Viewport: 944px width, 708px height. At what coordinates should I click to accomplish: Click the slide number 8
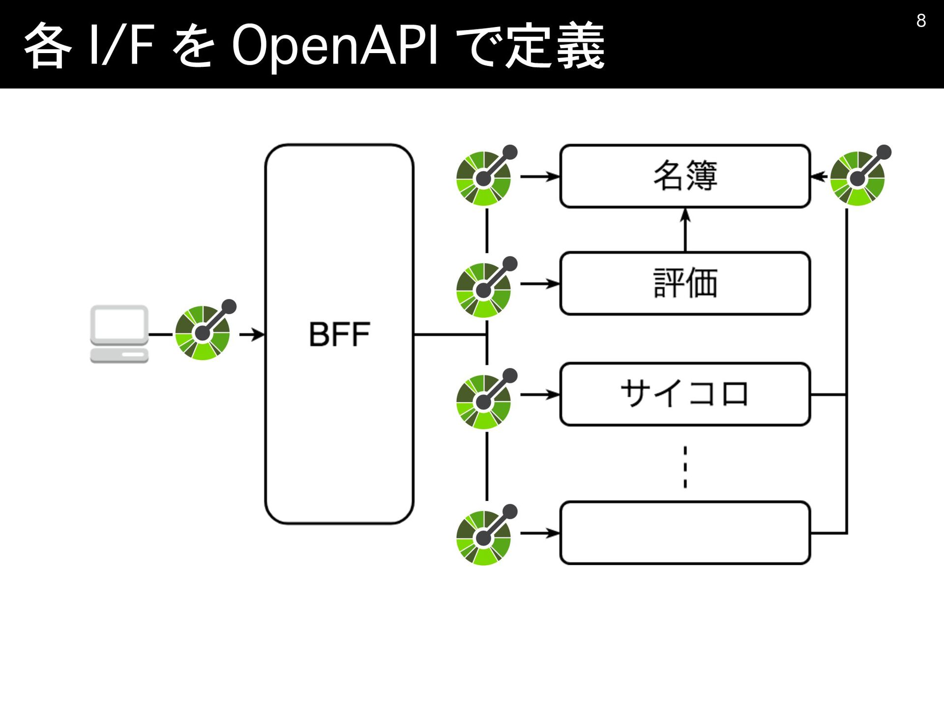921,21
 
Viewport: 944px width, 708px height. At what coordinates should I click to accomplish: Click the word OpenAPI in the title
334,46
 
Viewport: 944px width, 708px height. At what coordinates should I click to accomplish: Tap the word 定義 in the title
556,45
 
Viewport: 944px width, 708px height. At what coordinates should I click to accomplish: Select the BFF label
339,334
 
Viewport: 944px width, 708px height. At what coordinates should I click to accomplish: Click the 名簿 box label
685,176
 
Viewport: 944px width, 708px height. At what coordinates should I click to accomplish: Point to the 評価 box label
685,283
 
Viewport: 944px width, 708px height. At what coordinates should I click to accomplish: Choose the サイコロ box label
684,394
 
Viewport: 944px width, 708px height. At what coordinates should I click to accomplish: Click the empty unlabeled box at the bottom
685,532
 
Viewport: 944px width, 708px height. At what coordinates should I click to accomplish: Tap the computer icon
119,334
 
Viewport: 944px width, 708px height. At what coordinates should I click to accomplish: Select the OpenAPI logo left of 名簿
486,176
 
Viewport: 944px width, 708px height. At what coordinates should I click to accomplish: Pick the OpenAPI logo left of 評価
486,287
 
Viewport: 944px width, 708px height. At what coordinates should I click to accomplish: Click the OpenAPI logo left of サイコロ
486,399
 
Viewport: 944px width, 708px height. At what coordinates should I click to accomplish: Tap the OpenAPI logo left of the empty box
486,535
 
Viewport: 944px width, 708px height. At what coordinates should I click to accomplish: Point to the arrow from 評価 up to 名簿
685,230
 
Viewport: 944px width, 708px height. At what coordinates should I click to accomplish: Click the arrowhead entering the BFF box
259,335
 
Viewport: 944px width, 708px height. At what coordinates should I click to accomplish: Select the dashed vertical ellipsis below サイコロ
685,467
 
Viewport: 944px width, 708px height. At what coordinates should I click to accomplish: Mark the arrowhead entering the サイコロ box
554,394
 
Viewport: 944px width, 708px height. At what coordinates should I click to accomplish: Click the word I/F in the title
121,45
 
